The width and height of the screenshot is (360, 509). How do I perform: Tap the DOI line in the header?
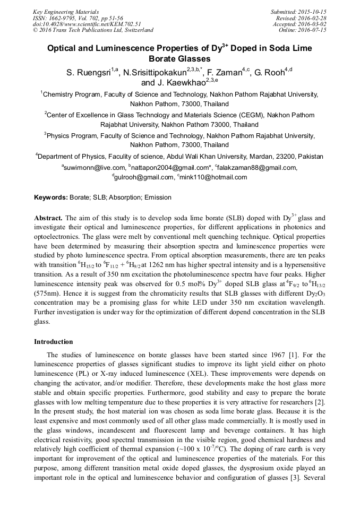coord(87,24)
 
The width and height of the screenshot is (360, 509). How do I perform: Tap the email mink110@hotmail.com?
coord(213,177)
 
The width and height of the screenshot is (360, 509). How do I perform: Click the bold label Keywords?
coord(51,197)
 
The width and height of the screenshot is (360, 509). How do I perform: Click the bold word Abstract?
coord(48,218)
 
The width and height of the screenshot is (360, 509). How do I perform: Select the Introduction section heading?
coord(54,342)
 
